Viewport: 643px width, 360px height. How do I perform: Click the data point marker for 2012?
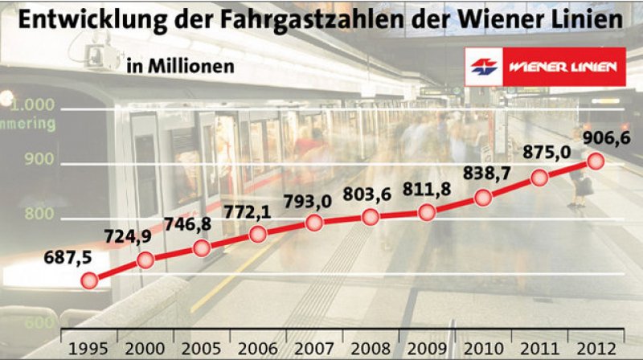point(596,161)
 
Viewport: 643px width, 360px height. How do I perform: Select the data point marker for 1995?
point(89,280)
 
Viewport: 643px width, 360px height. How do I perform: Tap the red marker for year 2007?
point(314,223)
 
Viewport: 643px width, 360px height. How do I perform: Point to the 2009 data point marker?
point(427,212)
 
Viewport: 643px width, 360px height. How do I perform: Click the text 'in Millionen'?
point(180,66)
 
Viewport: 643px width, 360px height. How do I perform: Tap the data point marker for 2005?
point(202,247)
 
